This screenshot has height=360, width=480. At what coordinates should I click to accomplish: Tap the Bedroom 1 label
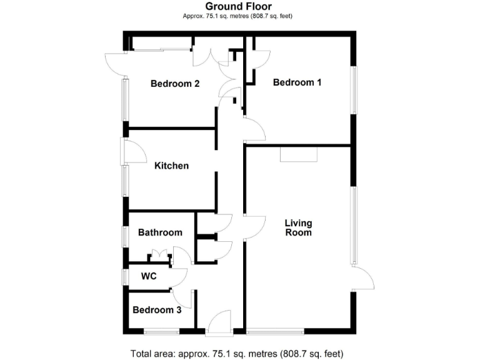(x=297, y=82)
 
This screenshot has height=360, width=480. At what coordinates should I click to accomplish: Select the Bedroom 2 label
(x=175, y=84)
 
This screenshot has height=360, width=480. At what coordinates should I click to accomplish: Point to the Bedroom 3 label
(x=157, y=310)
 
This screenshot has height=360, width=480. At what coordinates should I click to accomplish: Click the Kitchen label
(x=171, y=166)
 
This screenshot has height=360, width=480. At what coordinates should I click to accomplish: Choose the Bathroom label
(x=160, y=232)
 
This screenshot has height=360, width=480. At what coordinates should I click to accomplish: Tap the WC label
(x=148, y=276)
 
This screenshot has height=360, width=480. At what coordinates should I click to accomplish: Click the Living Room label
(x=298, y=227)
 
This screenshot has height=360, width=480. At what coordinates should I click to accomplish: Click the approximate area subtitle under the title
(x=238, y=16)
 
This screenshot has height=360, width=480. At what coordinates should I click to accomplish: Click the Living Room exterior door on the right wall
(x=363, y=279)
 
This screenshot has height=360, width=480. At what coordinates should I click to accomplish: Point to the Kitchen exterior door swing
(x=133, y=151)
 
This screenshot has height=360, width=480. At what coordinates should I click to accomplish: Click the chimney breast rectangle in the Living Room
(x=299, y=154)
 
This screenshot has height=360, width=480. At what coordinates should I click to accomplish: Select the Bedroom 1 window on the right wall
(x=355, y=90)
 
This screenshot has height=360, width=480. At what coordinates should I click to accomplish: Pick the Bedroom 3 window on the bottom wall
(x=162, y=331)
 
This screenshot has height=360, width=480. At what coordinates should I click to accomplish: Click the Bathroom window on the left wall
(x=125, y=237)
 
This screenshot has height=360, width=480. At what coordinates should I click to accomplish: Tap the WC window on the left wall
(x=125, y=276)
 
